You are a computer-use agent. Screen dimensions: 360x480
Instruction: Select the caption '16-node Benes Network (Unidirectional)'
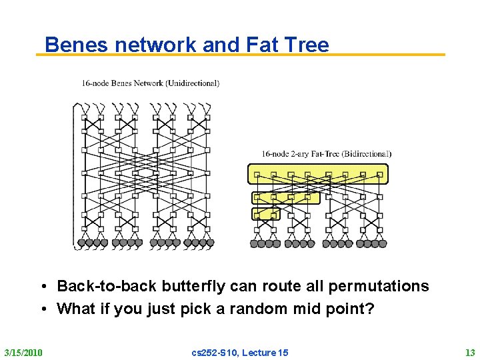(150, 83)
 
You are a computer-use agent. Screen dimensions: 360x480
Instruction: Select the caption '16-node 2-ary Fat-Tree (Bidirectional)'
(326, 154)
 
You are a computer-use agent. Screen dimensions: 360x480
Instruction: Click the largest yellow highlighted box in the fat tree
(317, 174)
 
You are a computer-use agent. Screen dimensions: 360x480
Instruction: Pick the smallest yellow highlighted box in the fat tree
(265, 214)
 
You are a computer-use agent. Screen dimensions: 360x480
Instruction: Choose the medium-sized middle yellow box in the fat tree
(285, 197)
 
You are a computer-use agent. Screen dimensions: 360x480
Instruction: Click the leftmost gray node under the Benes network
(81, 244)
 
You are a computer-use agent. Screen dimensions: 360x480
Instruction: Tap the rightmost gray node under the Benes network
(210, 244)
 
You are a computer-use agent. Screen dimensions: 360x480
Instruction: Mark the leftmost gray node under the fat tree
(254, 244)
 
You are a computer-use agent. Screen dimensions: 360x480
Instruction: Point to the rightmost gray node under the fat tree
(383, 244)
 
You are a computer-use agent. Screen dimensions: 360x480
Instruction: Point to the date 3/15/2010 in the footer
(23, 352)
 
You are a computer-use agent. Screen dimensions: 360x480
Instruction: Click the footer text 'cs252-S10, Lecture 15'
(240, 352)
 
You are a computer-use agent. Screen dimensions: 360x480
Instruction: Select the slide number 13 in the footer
(469, 352)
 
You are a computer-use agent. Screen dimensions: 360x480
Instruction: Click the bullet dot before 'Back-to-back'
(42, 287)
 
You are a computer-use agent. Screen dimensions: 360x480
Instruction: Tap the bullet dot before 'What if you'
(42, 309)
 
